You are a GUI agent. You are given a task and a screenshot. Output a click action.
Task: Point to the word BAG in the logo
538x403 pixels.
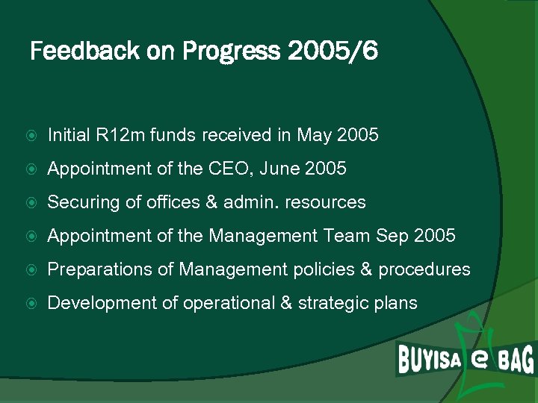click(515, 360)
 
